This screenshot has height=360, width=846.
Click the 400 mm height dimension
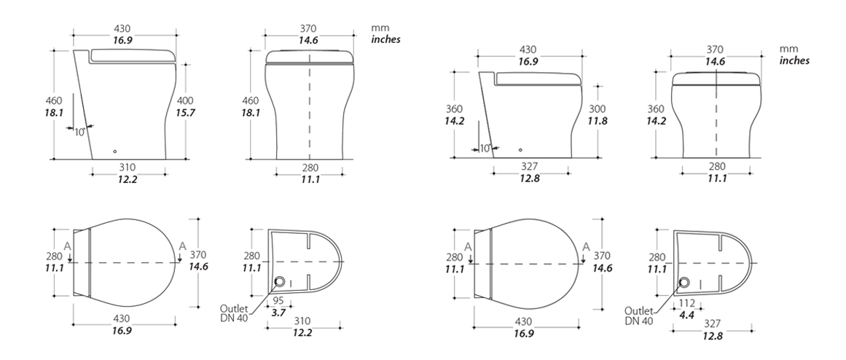185,101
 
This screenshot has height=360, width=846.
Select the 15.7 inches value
185,113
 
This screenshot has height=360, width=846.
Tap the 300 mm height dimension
598,109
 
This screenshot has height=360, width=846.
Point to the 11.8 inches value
598,122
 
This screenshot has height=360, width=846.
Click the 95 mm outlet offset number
278,300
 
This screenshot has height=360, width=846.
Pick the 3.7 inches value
278,312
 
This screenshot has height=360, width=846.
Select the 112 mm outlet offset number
687,303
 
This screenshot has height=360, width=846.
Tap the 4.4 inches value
687,316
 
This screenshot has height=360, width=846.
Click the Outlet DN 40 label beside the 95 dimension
234,313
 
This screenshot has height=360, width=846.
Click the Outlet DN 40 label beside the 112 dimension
639,316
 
